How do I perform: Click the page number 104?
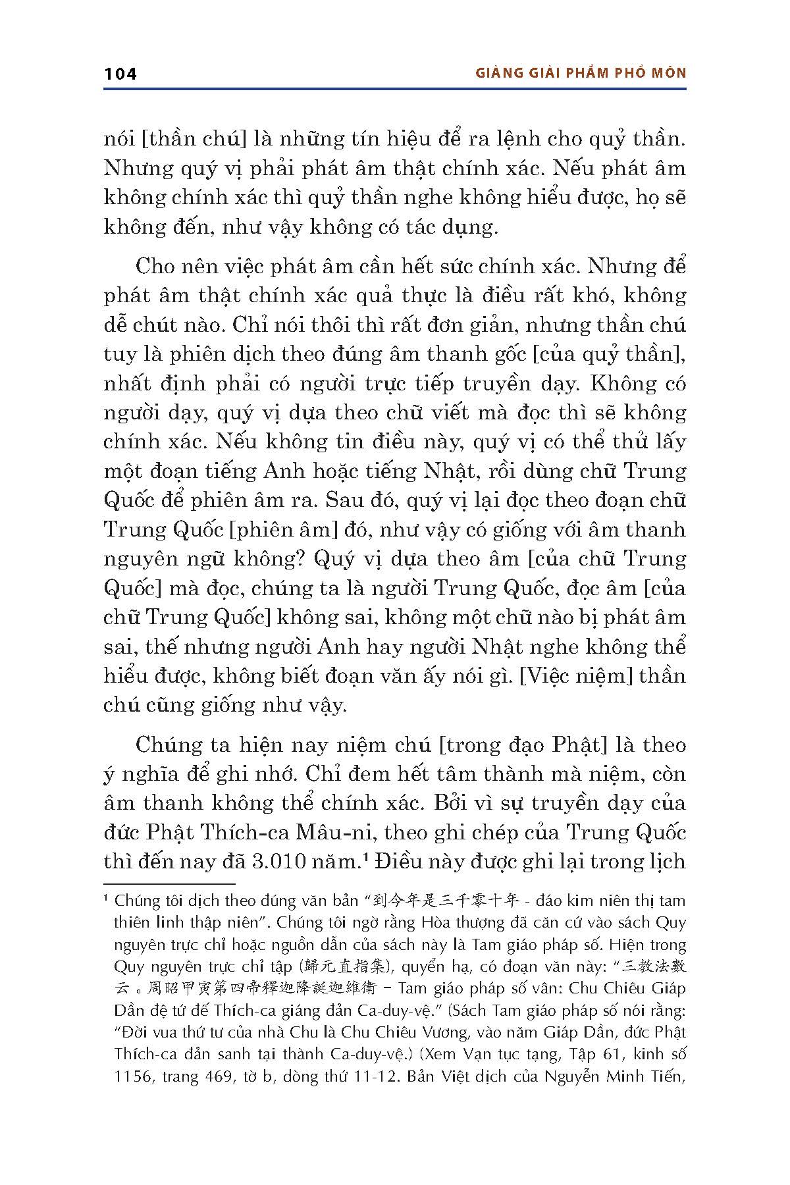tap(120, 74)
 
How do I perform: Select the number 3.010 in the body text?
tap(282, 861)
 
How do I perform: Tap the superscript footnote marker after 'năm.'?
tap(363, 856)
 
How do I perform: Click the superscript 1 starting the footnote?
tap(107, 898)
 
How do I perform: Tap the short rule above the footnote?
tap(169, 884)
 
